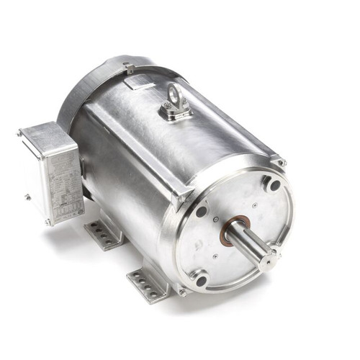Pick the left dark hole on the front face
pyautogui.click(x=202, y=212)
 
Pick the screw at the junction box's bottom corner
pyautogui.click(x=48, y=222)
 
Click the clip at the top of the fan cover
pyautogui.click(x=128, y=67)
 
